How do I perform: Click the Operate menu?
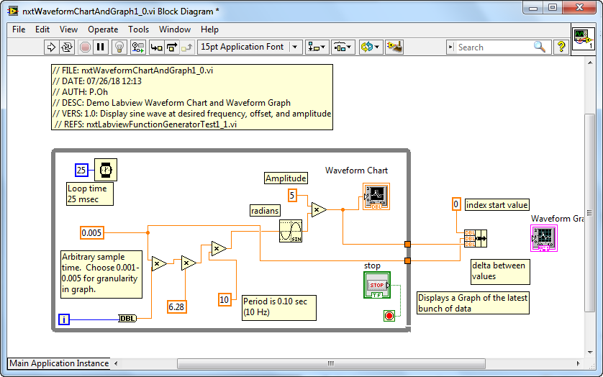(103, 29)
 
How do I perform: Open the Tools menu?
(138, 29)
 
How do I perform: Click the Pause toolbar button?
(100, 47)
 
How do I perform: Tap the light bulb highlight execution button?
(119, 47)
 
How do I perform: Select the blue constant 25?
(81, 170)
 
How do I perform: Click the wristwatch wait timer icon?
(106, 170)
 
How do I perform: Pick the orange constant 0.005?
(92, 232)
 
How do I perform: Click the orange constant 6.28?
(177, 306)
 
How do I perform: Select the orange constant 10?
(225, 299)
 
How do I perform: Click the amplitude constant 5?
(292, 196)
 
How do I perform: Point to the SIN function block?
(291, 231)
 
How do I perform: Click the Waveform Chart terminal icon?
(376, 196)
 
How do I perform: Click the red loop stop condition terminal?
(389, 317)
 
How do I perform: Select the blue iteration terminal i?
(64, 319)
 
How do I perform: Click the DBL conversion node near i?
(127, 319)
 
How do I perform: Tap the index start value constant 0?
(456, 204)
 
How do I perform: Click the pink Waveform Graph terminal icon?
(544, 239)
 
